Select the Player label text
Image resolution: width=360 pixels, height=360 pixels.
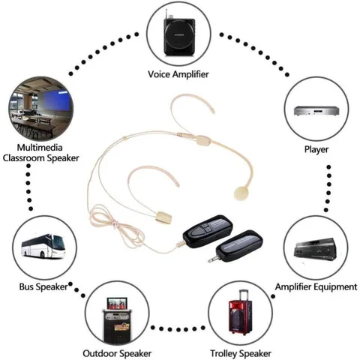[x=316, y=148]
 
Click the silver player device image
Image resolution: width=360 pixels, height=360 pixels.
[x=316, y=110]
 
